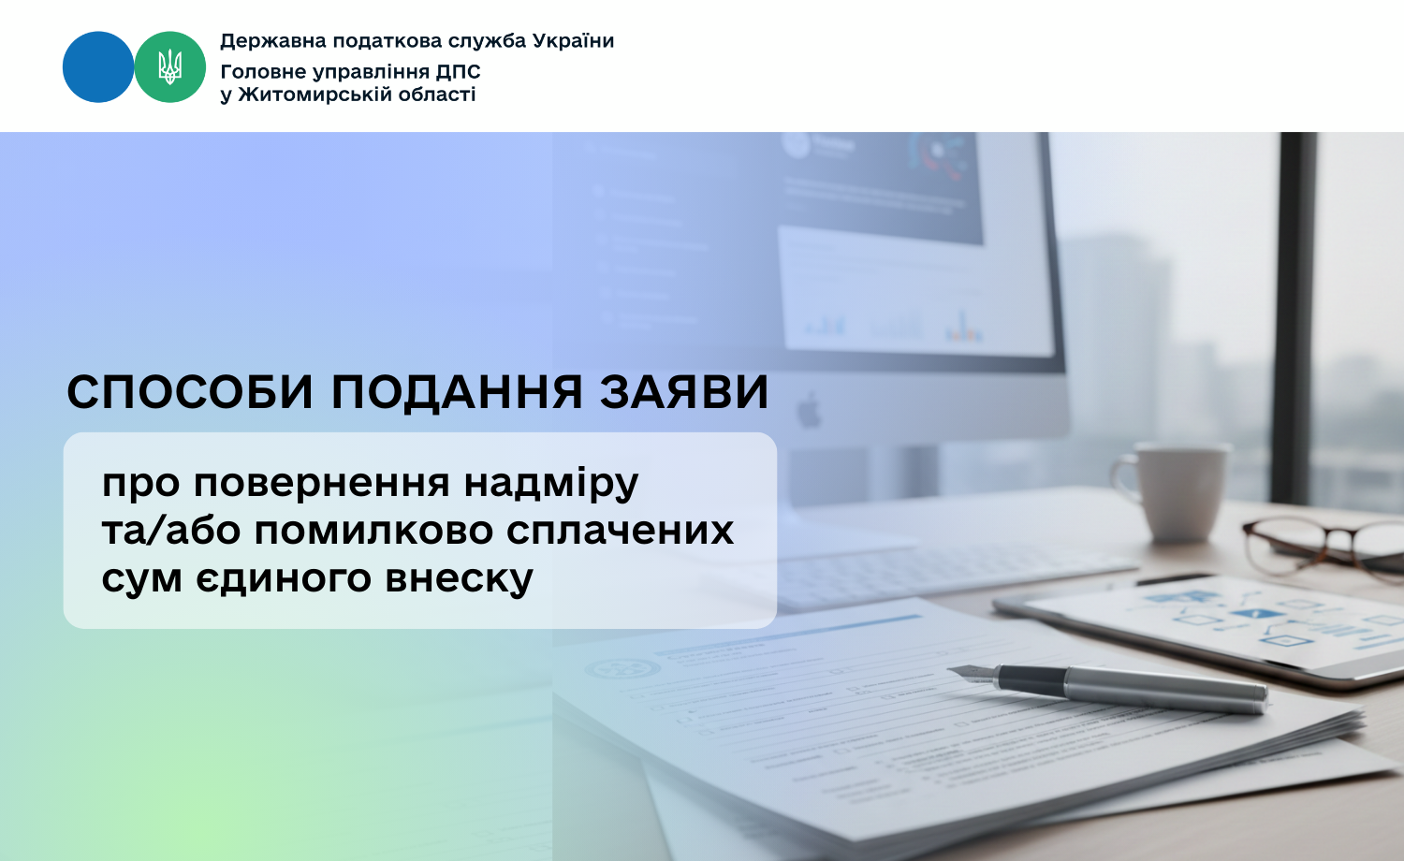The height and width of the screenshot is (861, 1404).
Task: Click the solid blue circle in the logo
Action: pyautogui.click(x=98, y=67)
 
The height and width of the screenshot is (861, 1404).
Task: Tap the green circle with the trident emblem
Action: pyautogui.click(x=169, y=67)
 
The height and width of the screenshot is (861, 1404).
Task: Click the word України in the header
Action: pyautogui.click(x=573, y=41)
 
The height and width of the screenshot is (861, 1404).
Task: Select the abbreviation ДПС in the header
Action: pyautogui.click(x=459, y=72)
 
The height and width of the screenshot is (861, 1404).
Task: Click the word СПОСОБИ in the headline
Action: pyautogui.click(x=189, y=393)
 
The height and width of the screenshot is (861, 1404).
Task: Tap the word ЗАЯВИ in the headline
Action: pyautogui.click(x=684, y=393)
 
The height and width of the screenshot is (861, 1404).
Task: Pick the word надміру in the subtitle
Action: pyautogui.click(x=551, y=485)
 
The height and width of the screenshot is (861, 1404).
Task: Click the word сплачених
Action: pyautogui.click(x=620, y=531)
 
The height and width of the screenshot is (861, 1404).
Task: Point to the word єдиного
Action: pyautogui.click(x=284, y=578)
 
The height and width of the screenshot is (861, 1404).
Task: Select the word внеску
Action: pyautogui.click(x=459, y=578)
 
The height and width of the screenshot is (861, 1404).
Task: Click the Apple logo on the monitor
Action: pyautogui.click(x=810, y=411)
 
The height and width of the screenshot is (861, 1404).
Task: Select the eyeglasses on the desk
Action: pyautogui.click(x=1323, y=546)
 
